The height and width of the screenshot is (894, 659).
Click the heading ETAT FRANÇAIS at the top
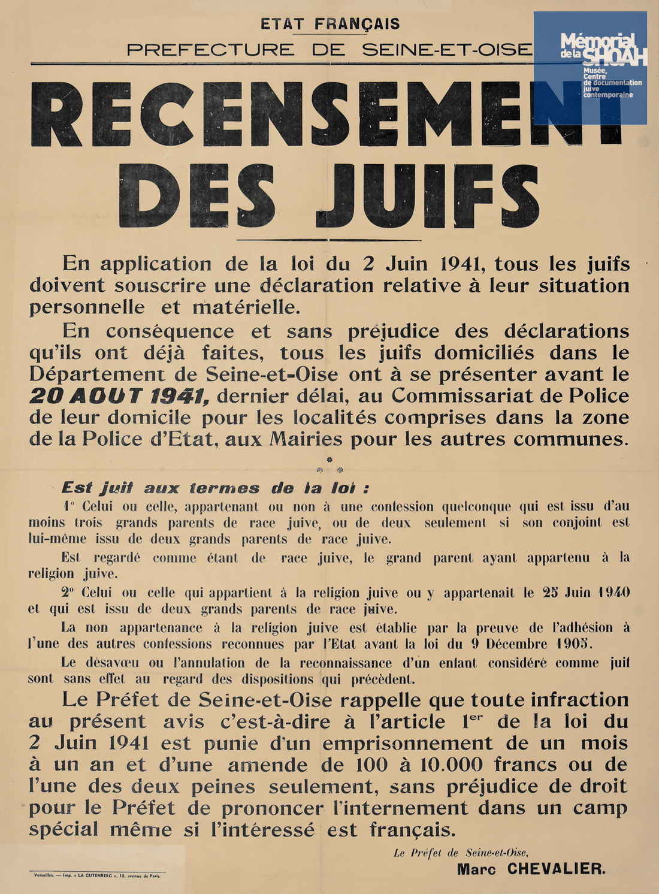coord(330,24)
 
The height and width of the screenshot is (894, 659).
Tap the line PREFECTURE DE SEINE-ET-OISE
coord(329,49)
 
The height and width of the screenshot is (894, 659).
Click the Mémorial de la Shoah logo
coord(590,68)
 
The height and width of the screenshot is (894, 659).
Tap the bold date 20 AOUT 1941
coord(119,396)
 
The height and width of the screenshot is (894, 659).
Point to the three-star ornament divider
coord(329,466)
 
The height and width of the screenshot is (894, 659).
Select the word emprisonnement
coord(407,744)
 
